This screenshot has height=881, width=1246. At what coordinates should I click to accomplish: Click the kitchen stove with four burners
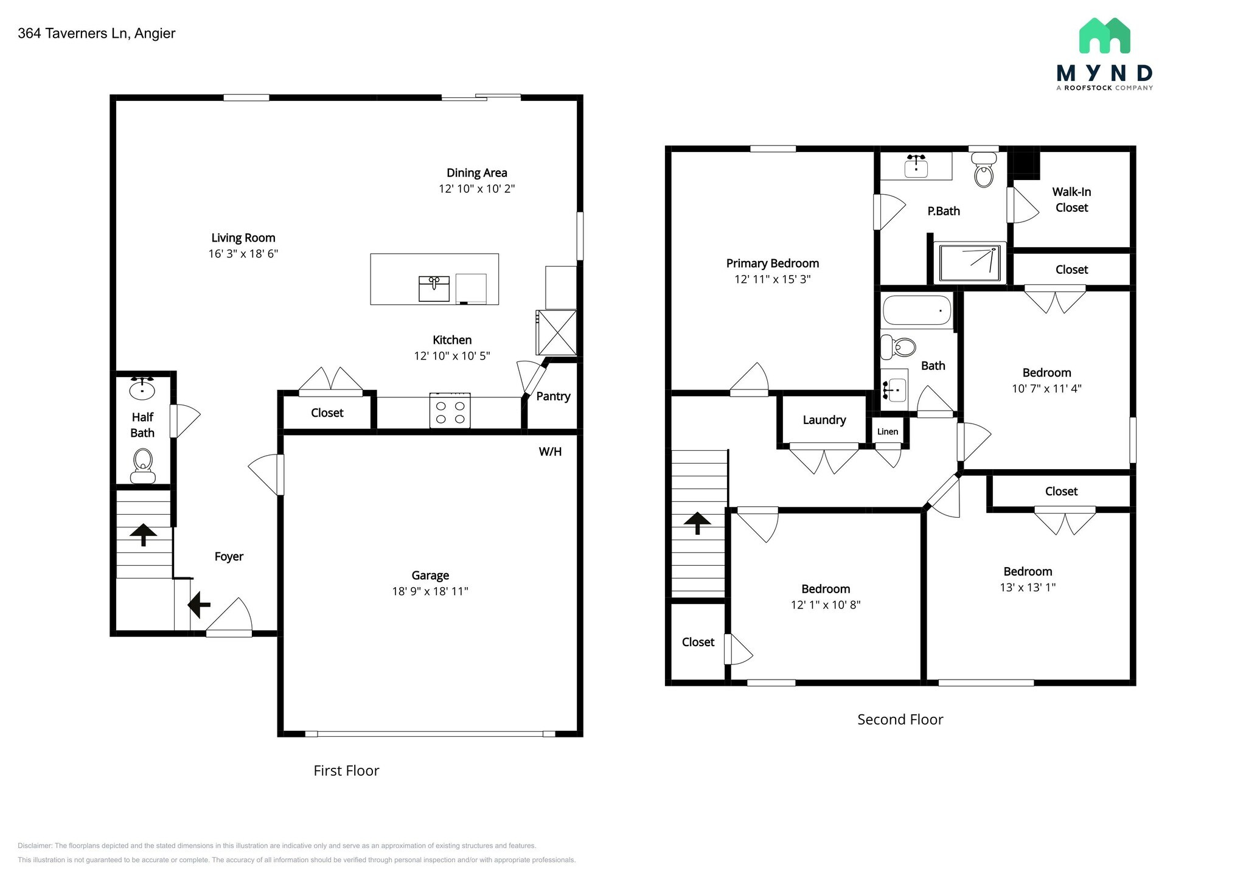click(x=450, y=412)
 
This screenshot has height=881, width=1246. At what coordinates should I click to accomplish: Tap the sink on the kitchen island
click(x=434, y=288)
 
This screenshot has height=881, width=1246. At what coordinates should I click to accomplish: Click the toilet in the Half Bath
click(x=143, y=465)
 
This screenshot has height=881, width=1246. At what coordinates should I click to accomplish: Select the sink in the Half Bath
click(x=142, y=388)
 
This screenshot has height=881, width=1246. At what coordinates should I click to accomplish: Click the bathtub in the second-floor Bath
click(x=917, y=310)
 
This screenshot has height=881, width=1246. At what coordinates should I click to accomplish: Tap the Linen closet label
click(x=888, y=431)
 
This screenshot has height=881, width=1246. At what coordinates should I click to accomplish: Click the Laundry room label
click(x=824, y=420)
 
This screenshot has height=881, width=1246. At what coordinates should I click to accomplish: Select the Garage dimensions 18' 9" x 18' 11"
click(x=430, y=591)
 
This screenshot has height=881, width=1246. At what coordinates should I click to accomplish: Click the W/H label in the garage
click(x=550, y=451)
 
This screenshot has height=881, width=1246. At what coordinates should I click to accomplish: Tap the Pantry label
click(x=553, y=396)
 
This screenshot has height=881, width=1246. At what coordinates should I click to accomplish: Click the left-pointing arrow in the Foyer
click(x=198, y=605)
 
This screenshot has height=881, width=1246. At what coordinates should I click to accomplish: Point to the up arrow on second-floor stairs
click(x=697, y=523)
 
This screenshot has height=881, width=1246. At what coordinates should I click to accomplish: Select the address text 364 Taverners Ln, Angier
click(x=97, y=33)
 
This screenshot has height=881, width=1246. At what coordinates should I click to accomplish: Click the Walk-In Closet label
click(x=1071, y=200)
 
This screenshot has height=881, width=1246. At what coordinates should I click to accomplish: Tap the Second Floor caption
click(x=900, y=719)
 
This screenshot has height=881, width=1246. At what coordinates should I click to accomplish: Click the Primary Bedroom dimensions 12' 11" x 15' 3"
click(x=773, y=279)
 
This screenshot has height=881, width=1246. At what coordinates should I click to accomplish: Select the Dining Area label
click(x=476, y=173)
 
